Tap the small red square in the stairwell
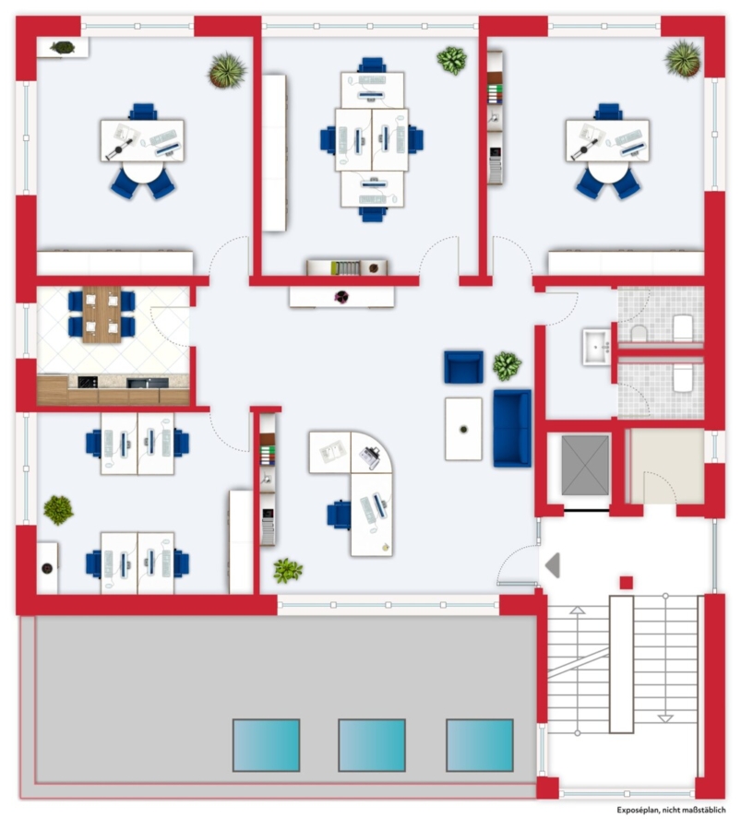[x=626, y=582]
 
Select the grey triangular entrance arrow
[x=553, y=564]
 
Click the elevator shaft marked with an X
[x=585, y=466]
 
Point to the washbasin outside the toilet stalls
[x=597, y=348]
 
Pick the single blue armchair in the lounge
[x=463, y=367]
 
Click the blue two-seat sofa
[x=512, y=428]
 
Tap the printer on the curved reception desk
[x=371, y=457]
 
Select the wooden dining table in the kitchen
[x=102, y=314]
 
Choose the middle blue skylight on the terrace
[x=372, y=745]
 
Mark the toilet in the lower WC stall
[x=683, y=378]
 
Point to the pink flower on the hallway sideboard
[x=341, y=297]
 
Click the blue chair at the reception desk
[x=339, y=515]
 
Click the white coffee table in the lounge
[x=463, y=429]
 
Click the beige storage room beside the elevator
[x=667, y=466]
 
